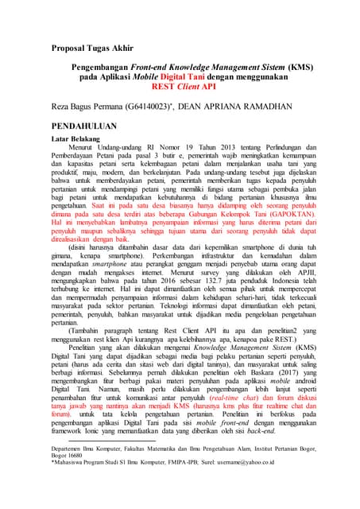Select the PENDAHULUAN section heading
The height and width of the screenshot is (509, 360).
89,126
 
